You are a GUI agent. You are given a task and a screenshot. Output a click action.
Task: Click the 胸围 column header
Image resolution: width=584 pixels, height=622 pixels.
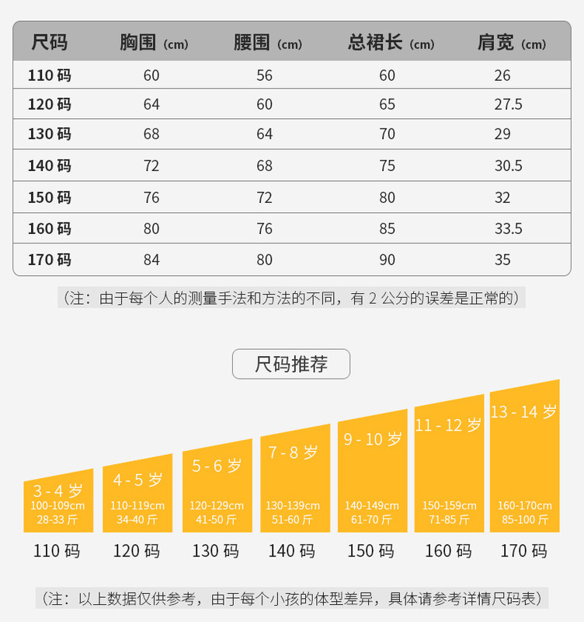[154, 43]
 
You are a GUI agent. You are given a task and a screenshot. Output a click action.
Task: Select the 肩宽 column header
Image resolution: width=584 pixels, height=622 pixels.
[511, 43]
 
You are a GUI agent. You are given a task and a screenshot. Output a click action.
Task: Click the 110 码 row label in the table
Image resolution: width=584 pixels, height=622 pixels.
[50, 75]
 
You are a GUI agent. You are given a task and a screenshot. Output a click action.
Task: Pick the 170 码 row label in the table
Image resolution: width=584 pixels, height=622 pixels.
[50, 260]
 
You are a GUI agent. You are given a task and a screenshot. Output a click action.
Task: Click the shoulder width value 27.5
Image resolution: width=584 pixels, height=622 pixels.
[508, 104]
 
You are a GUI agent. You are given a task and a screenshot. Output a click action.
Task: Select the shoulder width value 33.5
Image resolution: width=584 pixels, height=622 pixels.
[508, 229]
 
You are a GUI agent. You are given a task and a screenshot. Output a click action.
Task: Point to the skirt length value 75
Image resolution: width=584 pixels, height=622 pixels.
[387, 166]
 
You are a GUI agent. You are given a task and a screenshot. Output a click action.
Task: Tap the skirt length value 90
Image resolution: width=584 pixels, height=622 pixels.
[387, 260]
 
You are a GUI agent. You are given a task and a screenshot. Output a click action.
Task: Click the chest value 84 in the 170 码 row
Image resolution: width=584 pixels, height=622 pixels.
[151, 260]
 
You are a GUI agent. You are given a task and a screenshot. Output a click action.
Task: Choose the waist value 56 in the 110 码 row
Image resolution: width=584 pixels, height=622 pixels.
[265, 75]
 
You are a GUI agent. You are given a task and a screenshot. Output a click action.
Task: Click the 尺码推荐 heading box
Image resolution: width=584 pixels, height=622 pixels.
[291, 364]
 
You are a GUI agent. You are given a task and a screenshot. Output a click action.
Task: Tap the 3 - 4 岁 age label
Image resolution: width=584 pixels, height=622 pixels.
[57, 491]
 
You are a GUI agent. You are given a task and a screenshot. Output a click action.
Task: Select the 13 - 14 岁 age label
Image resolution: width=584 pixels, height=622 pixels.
[523, 412]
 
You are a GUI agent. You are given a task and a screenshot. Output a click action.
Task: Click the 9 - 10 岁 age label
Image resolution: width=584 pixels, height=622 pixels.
[373, 439]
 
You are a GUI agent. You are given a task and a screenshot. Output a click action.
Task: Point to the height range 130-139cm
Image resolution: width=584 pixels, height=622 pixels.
[293, 506]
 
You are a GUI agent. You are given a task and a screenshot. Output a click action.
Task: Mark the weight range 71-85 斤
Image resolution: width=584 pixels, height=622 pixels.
[450, 519]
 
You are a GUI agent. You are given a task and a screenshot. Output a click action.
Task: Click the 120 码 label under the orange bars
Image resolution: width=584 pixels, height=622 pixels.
[137, 551]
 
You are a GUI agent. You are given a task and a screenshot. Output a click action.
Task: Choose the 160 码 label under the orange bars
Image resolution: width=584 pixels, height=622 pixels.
[448, 551]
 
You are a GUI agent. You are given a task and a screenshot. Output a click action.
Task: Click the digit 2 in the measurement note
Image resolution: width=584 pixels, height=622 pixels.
[372, 298]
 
